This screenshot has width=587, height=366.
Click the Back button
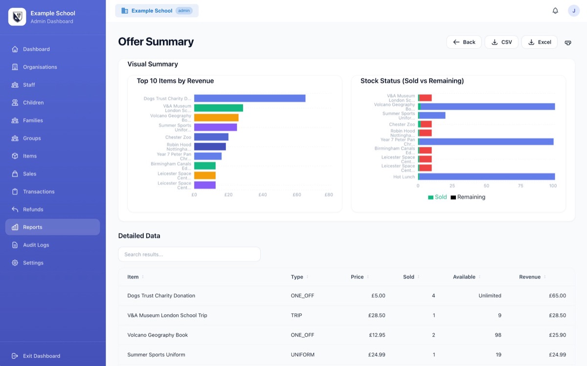pyautogui.click(x=464, y=42)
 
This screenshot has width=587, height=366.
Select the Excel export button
pyautogui.click(x=539, y=42)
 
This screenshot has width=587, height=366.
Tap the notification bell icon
pyautogui.click(x=555, y=11)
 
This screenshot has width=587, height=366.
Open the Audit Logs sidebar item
pyautogui.click(x=36, y=245)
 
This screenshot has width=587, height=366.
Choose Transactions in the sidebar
pyautogui.click(x=39, y=192)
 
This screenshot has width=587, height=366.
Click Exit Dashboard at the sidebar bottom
pyautogui.click(x=41, y=356)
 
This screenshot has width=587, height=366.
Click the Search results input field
pyautogui.click(x=189, y=254)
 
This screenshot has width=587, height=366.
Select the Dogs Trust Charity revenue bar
pyautogui.click(x=249, y=98)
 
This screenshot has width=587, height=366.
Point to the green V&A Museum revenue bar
pyautogui.click(x=218, y=108)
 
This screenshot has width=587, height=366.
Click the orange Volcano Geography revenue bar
pyautogui.click(x=216, y=118)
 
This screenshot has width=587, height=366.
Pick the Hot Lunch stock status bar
pyautogui.click(x=486, y=177)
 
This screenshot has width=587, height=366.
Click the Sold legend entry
pyautogui.click(x=437, y=197)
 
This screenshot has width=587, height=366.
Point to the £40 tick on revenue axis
pyautogui.click(x=263, y=195)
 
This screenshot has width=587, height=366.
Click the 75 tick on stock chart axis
pyautogui.click(x=520, y=186)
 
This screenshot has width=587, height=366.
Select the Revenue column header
pyautogui.click(x=530, y=277)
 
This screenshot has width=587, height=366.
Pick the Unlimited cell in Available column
pyautogui.click(x=490, y=296)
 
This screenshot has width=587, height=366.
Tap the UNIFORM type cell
pyautogui.click(x=302, y=355)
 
